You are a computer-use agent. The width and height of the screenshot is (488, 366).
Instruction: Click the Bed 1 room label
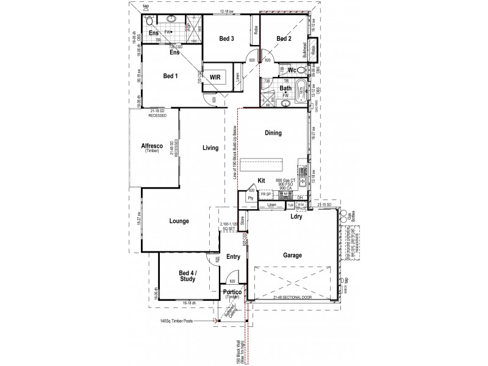[170, 76]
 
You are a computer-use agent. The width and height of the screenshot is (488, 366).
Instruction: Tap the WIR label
[215, 77]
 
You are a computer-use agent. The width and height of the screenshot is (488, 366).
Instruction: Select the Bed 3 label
[227, 39]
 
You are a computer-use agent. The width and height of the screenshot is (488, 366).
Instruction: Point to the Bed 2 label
[284, 39]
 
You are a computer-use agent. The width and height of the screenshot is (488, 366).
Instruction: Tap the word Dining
[273, 132]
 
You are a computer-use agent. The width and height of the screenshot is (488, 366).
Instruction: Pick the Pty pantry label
[250, 198]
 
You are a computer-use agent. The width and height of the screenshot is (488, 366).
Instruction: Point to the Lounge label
[179, 221]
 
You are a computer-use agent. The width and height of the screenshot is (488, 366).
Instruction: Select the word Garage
[291, 256]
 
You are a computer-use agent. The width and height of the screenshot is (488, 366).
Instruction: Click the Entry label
[232, 257]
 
